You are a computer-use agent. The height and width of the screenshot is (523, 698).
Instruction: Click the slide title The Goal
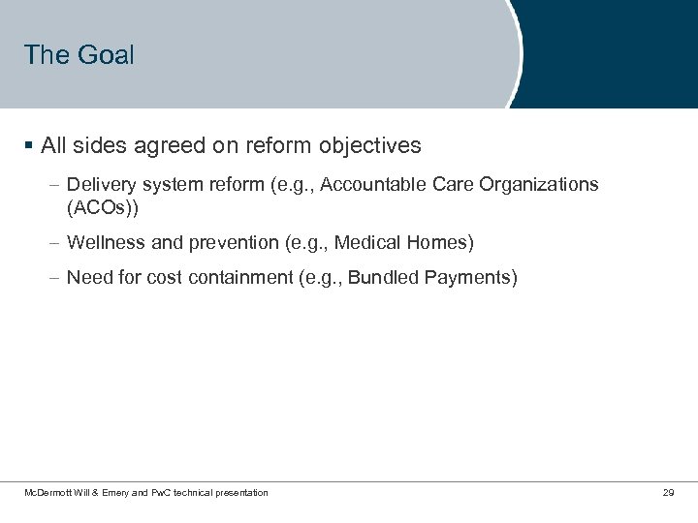pos(79,55)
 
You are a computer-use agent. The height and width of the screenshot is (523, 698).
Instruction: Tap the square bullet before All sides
pos(30,146)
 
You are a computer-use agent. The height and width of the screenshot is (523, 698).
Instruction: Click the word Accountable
pos(366,184)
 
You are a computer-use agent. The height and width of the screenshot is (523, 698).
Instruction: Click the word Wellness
pos(103,241)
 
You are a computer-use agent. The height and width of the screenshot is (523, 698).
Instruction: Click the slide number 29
pos(668,493)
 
